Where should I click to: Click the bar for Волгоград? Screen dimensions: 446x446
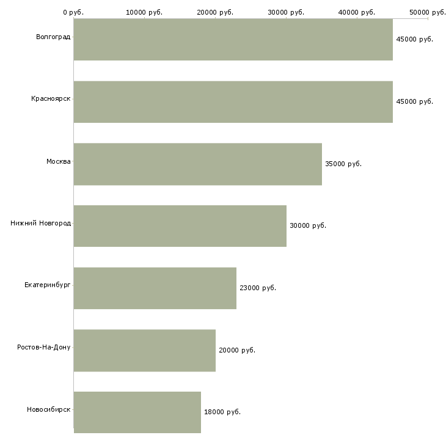point(233,39)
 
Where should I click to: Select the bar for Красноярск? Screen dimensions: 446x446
point(233,101)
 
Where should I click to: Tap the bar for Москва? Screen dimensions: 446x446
point(197,164)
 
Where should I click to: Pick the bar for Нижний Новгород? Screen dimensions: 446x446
point(180,225)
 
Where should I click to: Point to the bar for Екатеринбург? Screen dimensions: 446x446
point(155,288)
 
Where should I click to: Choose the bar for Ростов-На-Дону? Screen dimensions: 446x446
point(144,350)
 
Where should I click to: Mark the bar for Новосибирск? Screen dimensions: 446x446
point(137,412)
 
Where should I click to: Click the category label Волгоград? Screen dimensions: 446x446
point(53,37)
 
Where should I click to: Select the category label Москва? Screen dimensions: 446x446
point(59,161)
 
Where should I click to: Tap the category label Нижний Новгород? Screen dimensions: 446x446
point(40,224)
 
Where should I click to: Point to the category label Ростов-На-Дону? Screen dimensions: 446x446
point(44,348)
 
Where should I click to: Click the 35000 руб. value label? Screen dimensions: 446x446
point(343,164)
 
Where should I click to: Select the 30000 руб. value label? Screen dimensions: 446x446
point(308,225)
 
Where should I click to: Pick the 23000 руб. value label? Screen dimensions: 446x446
point(258,288)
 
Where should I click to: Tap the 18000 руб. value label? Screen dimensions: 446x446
point(222,412)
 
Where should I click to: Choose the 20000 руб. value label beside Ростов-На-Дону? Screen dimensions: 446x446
point(237,350)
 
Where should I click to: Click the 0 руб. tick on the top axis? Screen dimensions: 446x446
point(73,12)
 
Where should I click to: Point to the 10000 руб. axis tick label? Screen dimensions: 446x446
point(144,12)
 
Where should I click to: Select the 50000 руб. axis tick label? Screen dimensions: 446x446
point(427,12)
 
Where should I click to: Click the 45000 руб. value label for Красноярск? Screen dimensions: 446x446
point(415,101)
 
